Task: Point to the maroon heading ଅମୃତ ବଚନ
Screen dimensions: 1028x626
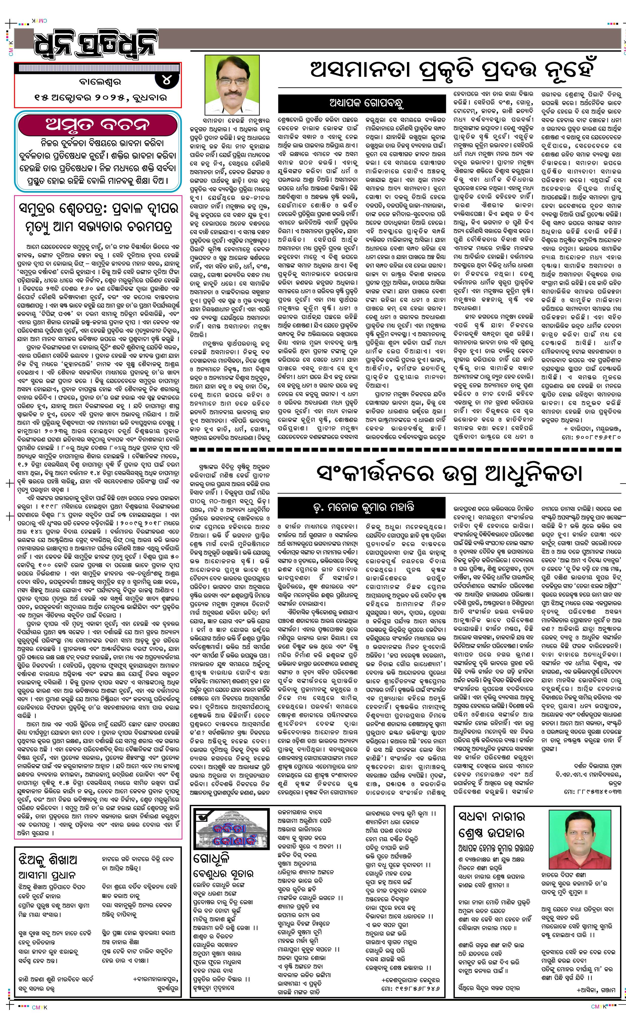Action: [x=98, y=125]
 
